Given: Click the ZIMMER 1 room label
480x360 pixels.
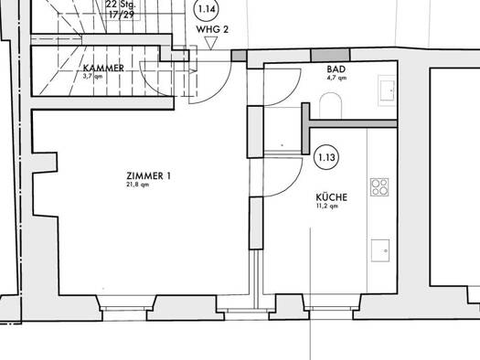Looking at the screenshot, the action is click(148, 175).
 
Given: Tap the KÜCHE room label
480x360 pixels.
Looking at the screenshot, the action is click(332, 197).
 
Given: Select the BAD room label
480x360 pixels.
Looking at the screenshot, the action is click(336, 69).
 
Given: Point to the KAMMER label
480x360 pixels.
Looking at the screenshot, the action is click(103, 68).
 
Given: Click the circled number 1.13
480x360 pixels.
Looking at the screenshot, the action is click(326, 157).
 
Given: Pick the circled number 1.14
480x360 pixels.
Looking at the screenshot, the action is click(207, 9).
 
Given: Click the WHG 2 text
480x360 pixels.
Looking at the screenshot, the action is click(212, 29).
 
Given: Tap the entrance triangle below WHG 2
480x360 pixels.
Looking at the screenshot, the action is click(210, 43).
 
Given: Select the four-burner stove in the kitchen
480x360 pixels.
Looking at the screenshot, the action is click(379, 187).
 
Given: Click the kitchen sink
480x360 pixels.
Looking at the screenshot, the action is click(380, 250).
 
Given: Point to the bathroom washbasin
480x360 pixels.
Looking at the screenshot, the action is click(388, 90).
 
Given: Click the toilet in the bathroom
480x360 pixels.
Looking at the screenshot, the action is click(330, 105).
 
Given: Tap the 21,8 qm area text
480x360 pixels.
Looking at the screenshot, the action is click(138, 185).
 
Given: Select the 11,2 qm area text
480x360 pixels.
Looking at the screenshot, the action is click(327, 206).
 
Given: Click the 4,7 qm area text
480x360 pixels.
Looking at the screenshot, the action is click(336, 78).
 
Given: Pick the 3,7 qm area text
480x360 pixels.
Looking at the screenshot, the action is click(92, 76).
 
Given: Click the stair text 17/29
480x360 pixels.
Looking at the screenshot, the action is click(122, 15).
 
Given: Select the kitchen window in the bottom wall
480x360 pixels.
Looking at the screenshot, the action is click(331, 308).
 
